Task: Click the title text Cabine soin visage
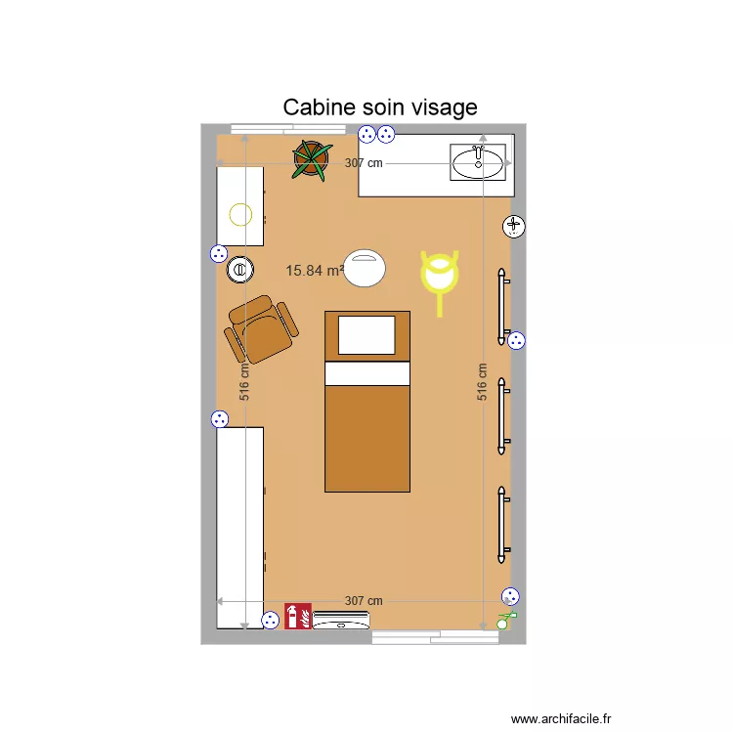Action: [x=380, y=107]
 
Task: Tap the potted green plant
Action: [x=311, y=159]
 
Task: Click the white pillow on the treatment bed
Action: [x=366, y=334]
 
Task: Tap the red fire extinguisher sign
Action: [x=297, y=616]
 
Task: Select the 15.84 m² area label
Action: [x=314, y=271]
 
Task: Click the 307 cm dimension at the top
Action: [x=364, y=164]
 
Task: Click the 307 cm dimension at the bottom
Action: [x=364, y=601]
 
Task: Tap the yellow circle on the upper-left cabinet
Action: [x=239, y=213]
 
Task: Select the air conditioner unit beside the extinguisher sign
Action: [x=341, y=619]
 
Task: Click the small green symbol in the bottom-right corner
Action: [x=504, y=619]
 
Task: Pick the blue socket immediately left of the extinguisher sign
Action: [x=271, y=619]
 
